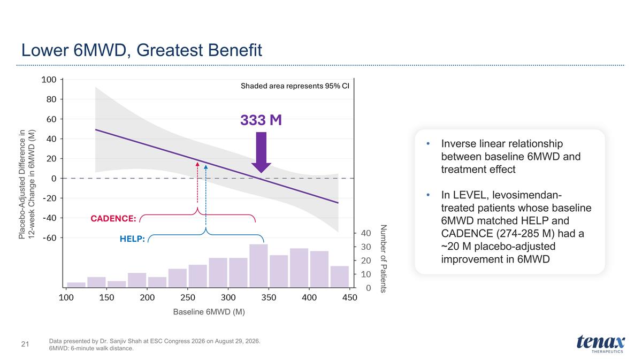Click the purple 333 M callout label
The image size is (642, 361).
pyautogui.click(x=261, y=120)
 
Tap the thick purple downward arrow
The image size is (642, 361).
pyautogui.click(x=261, y=152)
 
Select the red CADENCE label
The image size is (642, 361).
pyautogui.click(x=113, y=219)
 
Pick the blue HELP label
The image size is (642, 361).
pyautogui.click(x=132, y=239)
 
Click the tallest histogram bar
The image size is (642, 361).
pyautogui.click(x=258, y=266)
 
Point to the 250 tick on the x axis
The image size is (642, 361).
pyautogui.click(x=188, y=298)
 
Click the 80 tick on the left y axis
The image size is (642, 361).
pyautogui.click(x=51, y=99)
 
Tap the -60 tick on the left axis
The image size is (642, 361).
pyautogui.click(x=50, y=238)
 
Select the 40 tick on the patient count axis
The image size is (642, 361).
pyautogui.click(x=366, y=233)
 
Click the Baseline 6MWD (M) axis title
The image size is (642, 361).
pyautogui.click(x=209, y=312)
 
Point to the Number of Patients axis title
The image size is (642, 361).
pyautogui.click(x=384, y=258)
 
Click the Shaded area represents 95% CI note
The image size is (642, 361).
pyautogui.click(x=295, y=86)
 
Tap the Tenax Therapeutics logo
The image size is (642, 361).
pyautogui.click(x=601, y=344)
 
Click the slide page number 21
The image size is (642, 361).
pyautogui.click(x=25, y=344)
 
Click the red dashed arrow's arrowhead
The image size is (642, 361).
pyautogui.click(x=197, y=164)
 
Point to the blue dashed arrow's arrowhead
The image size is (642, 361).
pyautogui.click(x=206, y=167)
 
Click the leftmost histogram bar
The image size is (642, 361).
pyautogui.click(x=76, y=285)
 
